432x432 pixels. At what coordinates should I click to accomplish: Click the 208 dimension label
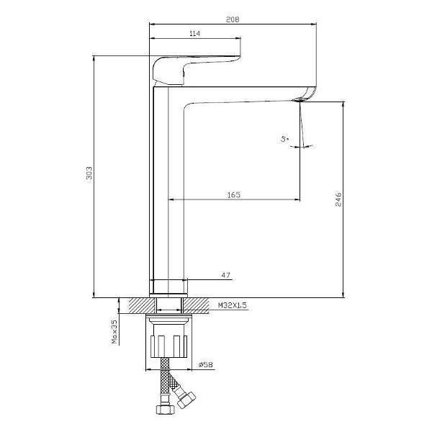(x=233, y=19)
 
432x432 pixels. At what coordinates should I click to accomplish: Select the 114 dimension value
(x=195, y=34)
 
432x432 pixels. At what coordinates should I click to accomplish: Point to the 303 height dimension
(x=89, y=173)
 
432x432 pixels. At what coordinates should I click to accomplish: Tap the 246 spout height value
(x=338, y=199)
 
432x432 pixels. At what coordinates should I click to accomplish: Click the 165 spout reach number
(x=233, y=195)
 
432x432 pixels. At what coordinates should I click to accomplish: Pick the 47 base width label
(x=225, y=275)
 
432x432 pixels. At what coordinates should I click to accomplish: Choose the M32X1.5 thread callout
(x=233, y=305)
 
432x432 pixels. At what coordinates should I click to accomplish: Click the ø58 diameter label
(x=205, y=364)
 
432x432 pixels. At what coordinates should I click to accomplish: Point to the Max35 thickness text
(x=114, y=332)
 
